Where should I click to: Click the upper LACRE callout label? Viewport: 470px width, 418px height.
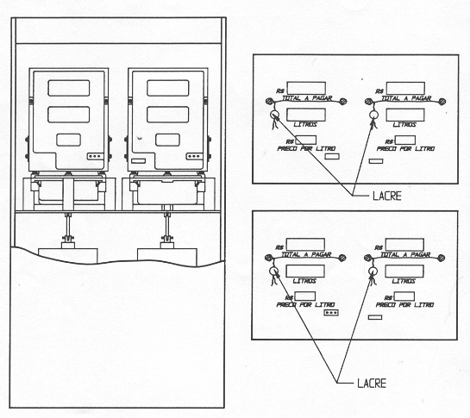(x=387, y=196)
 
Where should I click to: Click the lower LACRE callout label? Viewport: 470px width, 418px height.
(x=372, y=384)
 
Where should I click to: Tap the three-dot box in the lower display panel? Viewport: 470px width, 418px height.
(x=331, y=313)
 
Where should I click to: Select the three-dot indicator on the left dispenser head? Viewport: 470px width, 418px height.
(x=96, y=156)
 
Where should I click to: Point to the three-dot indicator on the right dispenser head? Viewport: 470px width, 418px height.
(x=194, y=156)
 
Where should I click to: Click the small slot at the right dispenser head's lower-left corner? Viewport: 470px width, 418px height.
(x=139, y=161)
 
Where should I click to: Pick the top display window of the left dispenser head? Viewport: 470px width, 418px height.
(x=69, y=88)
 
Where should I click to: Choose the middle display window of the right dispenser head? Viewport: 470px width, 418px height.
(x=168, y=115)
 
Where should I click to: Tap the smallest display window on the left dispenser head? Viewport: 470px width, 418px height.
(x=69, y=140)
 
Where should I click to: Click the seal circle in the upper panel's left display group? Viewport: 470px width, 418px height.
(x=274, y=115)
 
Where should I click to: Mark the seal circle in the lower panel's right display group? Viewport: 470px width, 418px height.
(x=373, y=271)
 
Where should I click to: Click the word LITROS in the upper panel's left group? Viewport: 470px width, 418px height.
(x=305, y=124)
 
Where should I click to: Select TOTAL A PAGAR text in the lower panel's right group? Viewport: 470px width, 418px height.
(x=406, y=255)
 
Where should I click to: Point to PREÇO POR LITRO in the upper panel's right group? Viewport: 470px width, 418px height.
(x=405, y=148)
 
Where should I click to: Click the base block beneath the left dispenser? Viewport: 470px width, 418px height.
(x=68, y=256)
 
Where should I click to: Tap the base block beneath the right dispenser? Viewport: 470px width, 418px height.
(x=167, y=257)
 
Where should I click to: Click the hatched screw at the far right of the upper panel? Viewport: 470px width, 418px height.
(x=442, y=102)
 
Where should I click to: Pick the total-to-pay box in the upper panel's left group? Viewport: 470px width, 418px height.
(x=306, y=88)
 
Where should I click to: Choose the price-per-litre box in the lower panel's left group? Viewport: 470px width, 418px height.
(x=304, y=296)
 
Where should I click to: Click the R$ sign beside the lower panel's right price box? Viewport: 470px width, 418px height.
(x=388, y=298)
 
